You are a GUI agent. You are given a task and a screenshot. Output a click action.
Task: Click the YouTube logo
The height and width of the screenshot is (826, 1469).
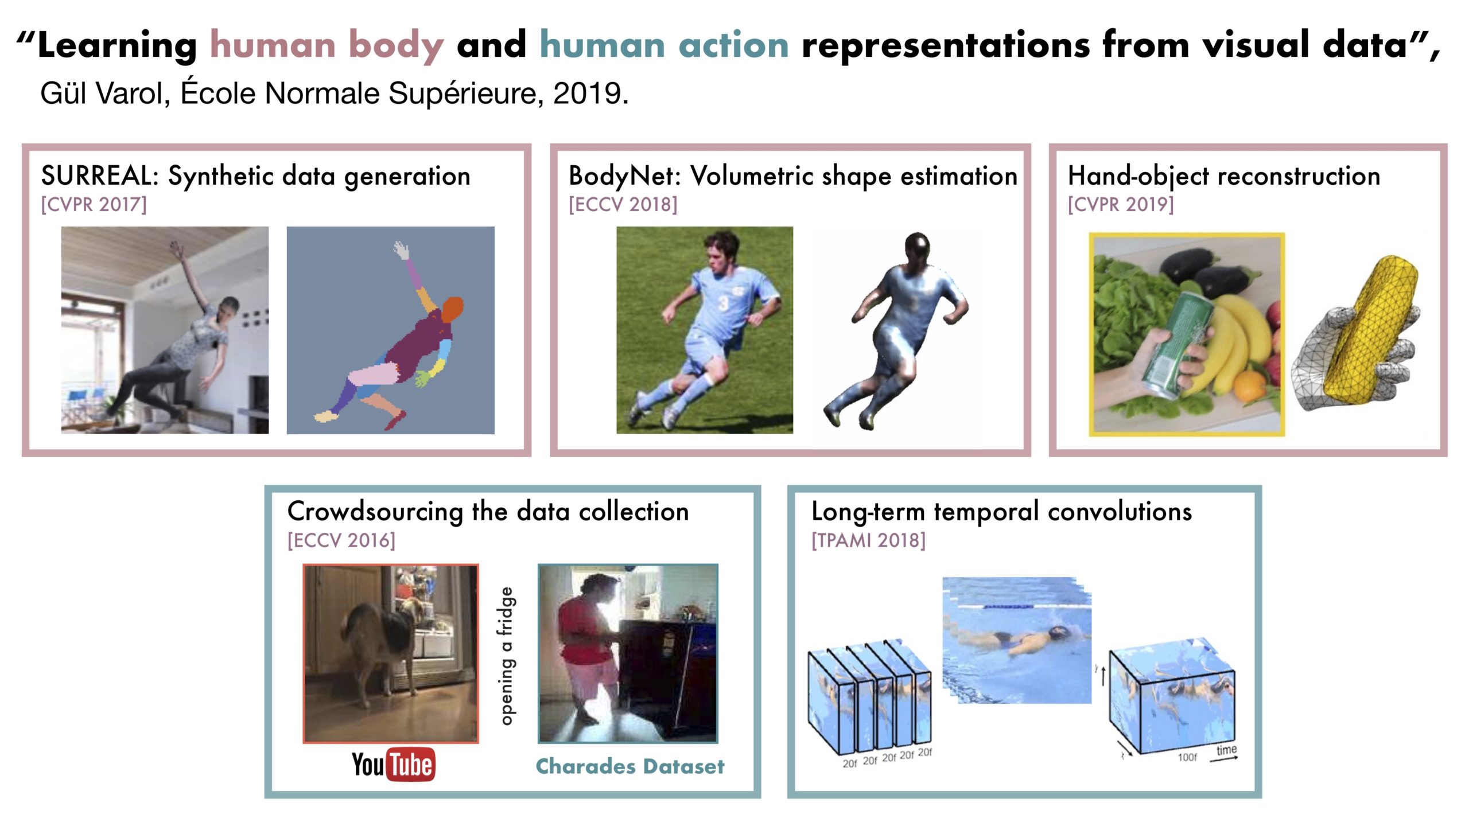394,764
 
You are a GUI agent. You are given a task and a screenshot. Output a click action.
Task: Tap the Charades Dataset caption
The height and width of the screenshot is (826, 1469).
630,766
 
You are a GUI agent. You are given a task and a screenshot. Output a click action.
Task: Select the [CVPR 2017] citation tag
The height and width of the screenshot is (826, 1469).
94,204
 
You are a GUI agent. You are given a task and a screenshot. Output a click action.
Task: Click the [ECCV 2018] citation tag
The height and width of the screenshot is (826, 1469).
623,204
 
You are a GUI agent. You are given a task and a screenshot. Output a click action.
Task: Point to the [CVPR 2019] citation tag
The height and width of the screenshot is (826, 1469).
1121,204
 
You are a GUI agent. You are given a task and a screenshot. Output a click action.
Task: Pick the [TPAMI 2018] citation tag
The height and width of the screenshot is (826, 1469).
868,540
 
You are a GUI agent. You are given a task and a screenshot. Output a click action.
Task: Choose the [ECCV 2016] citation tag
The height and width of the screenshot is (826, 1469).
341,540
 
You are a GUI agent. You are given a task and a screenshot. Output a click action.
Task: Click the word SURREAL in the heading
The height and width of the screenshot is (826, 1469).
95,176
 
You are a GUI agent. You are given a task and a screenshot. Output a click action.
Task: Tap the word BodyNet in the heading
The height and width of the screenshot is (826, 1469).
620,176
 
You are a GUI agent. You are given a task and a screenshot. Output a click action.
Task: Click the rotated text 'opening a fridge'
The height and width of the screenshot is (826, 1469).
507,656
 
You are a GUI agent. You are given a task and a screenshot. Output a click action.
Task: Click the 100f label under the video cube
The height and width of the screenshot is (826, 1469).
1187,757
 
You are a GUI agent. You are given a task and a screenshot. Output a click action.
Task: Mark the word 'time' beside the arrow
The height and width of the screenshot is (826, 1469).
1226,750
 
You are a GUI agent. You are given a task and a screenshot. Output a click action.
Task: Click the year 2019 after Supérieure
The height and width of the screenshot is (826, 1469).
590,93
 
